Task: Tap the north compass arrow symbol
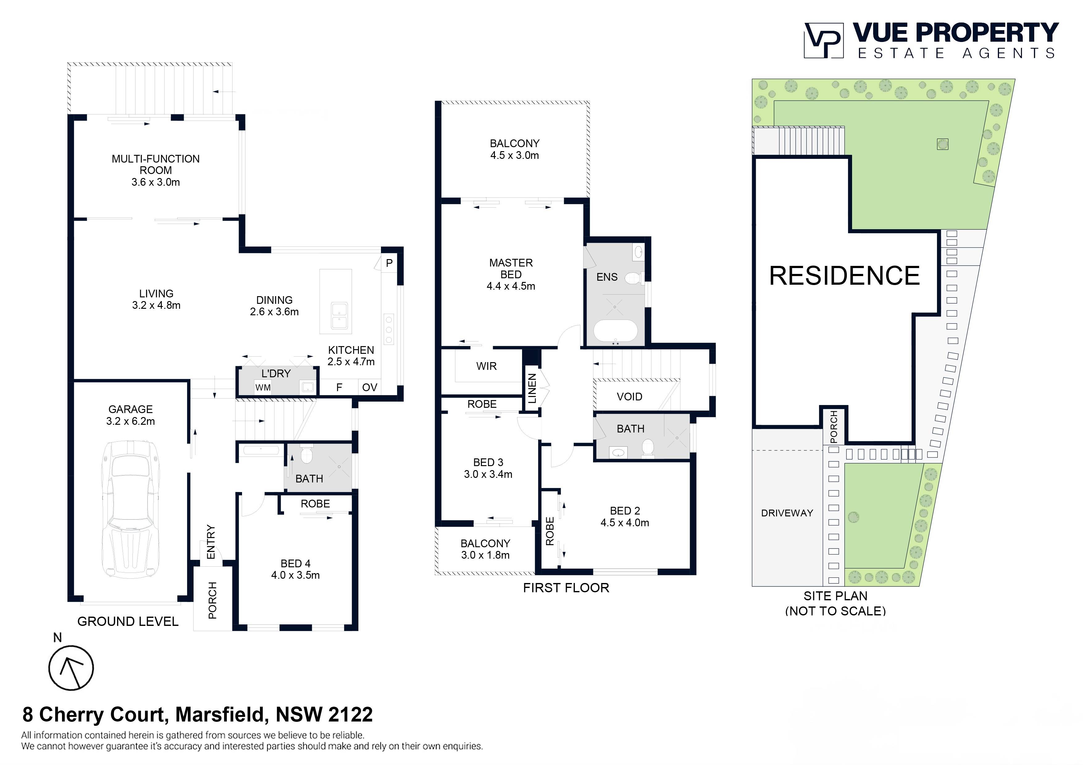pyautogui.click(x=71, y=668)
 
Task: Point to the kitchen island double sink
pyautogui.click(x=340, y=315)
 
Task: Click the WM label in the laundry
pyautogui.click(x=263, y=387)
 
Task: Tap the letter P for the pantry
pyautogui.click(x=389, y=263)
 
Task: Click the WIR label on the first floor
pyautogui.click(x=486, y=366)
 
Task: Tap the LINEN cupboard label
pyautogui.click(x=532, y=388)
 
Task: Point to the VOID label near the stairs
pyautogui.click(x=629, y=397)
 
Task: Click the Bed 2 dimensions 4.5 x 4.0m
pyautogui.click(x=625, y=523)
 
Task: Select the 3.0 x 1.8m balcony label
pyautogui.click(x=485, y=555)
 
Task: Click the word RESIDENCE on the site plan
pyautogui.click(x=844, y=276)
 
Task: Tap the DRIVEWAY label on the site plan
pyautogui.click(x=787, y=513)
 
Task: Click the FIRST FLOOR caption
pyautogui.click(x=566, y=588)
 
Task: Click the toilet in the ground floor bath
pyautogui.click(x=307, y=455)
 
